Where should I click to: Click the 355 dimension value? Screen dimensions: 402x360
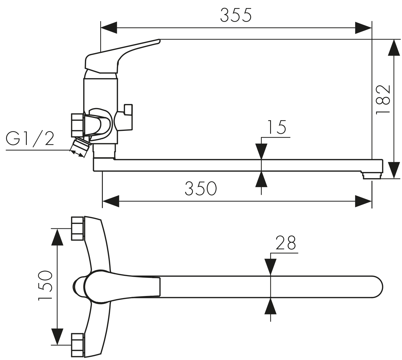pyautogui.click(x=236, y=15)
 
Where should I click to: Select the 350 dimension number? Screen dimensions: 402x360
pyautogui.click(x=201, y=188)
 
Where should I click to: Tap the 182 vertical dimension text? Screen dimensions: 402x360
pyautogui.click(x=383, y=100)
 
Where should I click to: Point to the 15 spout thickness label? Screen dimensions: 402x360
pyautogui.click(x=277, y=127)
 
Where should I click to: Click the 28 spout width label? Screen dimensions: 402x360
pyautogui.click(x=286, y=243)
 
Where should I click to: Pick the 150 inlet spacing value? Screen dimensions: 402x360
pyautogui.click(x=45, y=286)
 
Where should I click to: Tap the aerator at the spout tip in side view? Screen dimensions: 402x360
pyautogui.click(x=372, y=176)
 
